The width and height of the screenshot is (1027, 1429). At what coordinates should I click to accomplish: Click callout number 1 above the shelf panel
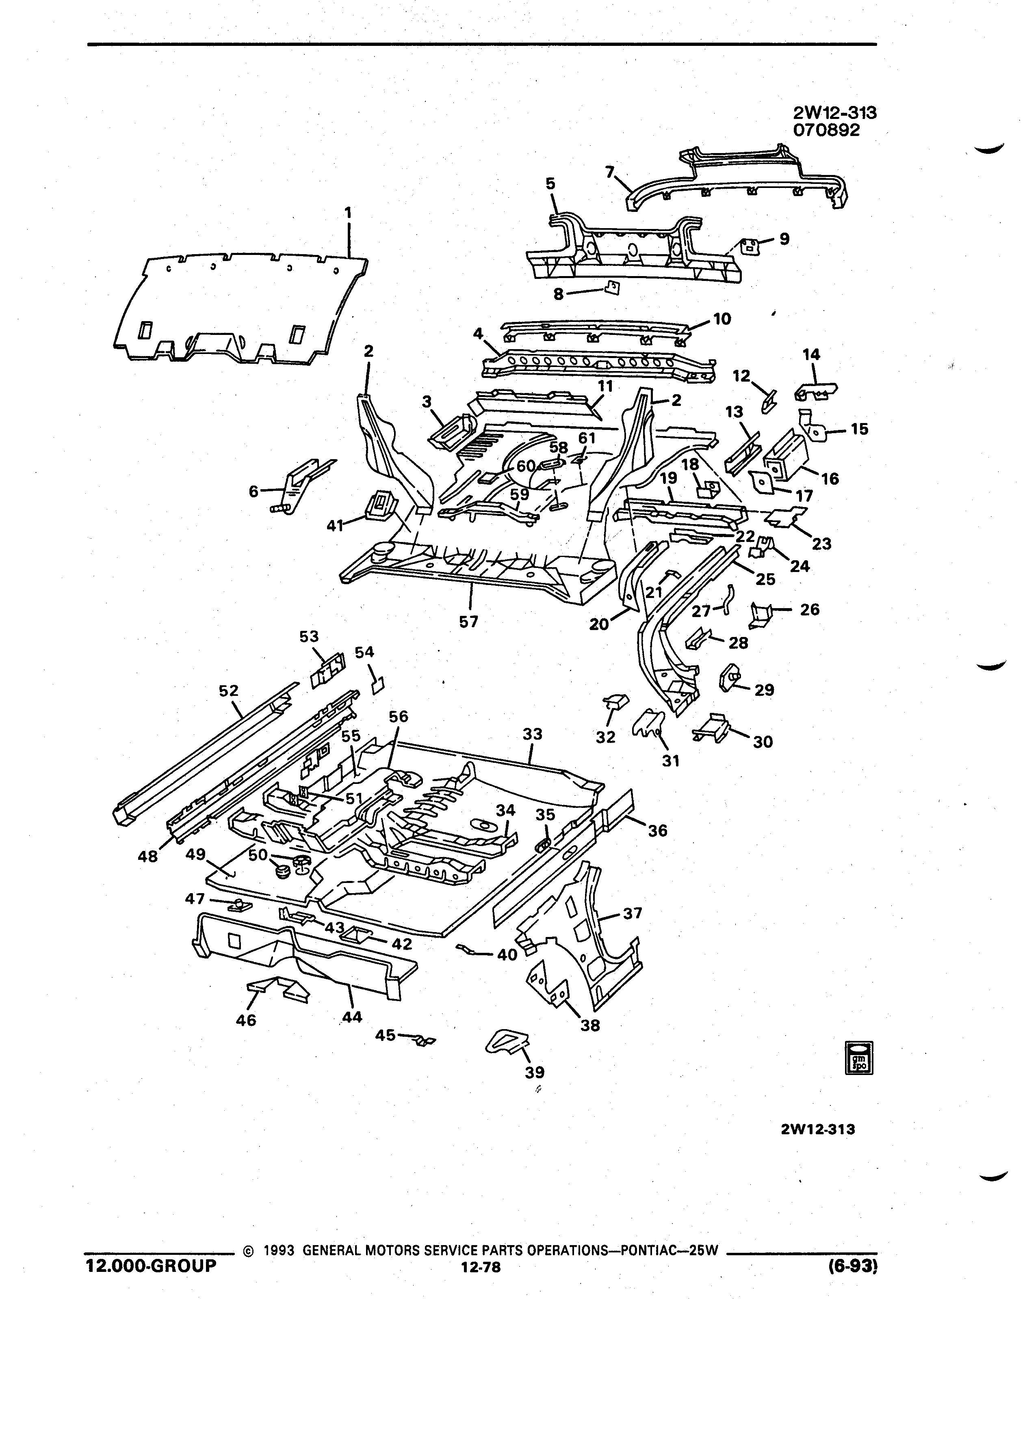pyautogui.click(x=348, y=214)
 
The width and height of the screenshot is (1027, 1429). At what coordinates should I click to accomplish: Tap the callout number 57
pyautogui.click(x=468, y=622)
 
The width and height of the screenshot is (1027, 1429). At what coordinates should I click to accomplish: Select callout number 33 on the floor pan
pyautogui.click(x=532, y=734)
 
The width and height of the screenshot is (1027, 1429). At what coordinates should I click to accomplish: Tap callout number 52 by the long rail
pyautogui.click(x=229, y=691)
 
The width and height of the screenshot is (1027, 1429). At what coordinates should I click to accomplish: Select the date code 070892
pyautogui.click(x=827, y=130)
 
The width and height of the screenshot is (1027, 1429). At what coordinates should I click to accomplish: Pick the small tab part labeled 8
pyautogui.click(x=611, y=288)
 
